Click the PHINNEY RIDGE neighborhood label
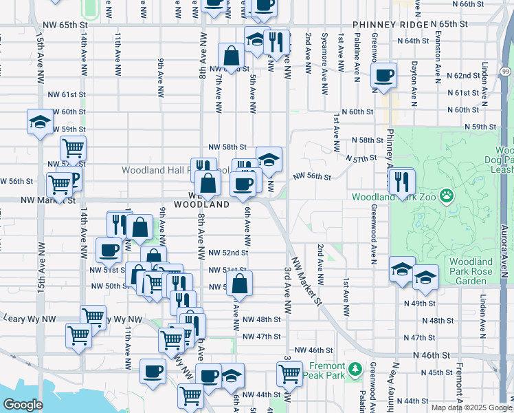(x=390, y=25)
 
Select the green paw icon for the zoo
(x=447, y=197)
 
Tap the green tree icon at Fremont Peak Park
(x=355, y=370)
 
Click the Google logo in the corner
(x=23, y=405)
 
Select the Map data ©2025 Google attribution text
(x=471, y=407)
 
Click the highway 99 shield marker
(x=505, y=71)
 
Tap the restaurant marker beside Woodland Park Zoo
(x=402, y=181)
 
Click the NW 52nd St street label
(x=227, y=253)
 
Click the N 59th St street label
(x=480, y=127)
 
